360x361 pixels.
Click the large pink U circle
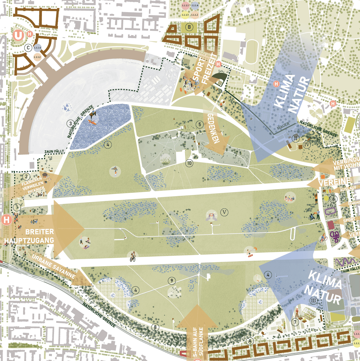(x=19, y=35)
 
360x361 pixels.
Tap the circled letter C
(x=28, y=48)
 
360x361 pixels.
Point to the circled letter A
(x=250, y=341)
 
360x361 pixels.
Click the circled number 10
(x=189, y=163)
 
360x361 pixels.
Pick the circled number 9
(x=172, y=281)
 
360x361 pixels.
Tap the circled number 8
(x=155, y=327)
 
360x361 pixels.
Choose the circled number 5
(x=200, y=124)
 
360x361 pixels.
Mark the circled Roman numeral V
(x=225, y=212)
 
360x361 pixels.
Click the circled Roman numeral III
(x=313, y=301)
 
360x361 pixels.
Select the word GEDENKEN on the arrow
(x=214, y=129)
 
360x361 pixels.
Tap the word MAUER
(x=283, y=126)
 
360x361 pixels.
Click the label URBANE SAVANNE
(x=53, y=266)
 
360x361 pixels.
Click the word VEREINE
(x=334, y=182)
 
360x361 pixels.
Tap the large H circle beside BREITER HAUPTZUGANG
(x=6, y=220)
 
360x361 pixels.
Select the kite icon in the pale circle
(x=115, y=171)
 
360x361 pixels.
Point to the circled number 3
(x=71, y=123)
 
